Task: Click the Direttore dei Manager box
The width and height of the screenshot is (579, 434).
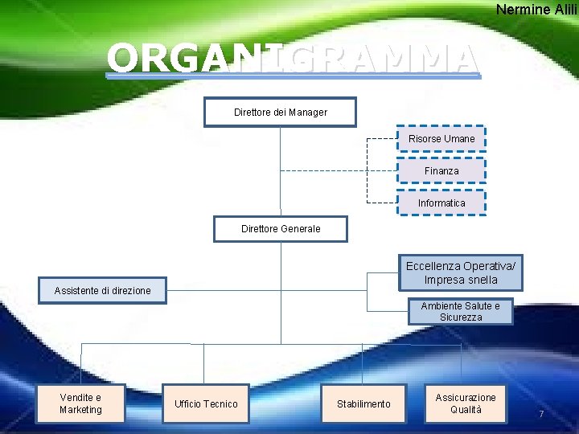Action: pos(280,113)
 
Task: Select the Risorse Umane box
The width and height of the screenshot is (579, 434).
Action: pos(441,139)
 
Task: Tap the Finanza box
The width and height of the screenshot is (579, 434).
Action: pos(441,171)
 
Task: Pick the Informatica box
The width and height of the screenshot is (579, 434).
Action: pos(441,203)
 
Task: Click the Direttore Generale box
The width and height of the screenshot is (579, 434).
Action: pos(280,229)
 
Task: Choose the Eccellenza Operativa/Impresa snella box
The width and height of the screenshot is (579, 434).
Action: pos(462,273)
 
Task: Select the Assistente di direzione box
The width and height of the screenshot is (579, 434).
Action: pos(102,290)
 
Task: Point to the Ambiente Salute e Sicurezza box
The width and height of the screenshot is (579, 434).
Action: pos(460,311)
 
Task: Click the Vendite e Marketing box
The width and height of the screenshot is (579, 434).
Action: pos(80,403)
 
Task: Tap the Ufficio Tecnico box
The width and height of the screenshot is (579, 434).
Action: pos(206,403)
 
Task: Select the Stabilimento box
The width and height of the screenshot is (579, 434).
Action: pos(363,403)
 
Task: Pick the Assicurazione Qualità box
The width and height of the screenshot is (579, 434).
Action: pos(466,403)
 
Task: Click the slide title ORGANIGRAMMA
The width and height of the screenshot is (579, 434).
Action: pos(294,59)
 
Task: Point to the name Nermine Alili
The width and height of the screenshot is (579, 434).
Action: pos(536,10)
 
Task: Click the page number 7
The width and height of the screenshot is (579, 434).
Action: pos(541,414)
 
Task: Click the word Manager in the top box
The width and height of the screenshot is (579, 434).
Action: pos(308,113)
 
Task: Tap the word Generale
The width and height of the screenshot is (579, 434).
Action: pos(300,229)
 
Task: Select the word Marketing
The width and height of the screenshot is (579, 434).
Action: pos(80,410)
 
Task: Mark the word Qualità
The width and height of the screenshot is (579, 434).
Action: pos(466,410)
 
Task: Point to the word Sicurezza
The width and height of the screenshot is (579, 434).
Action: pos(461,317)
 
